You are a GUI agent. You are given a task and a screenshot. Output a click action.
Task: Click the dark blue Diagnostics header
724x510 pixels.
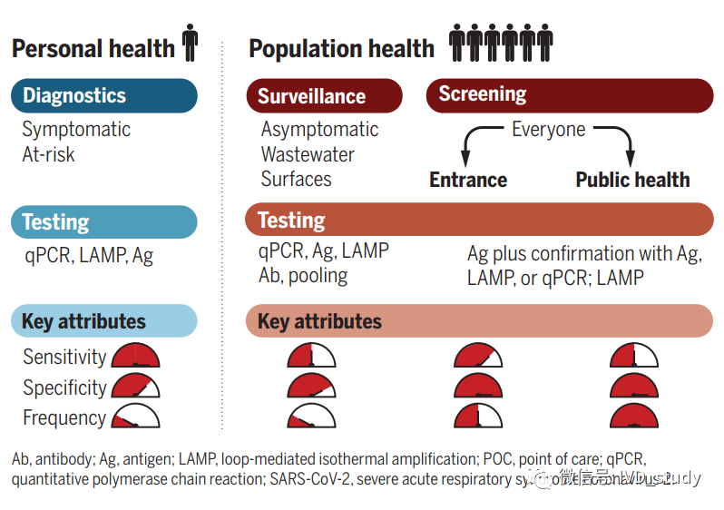point(103,95)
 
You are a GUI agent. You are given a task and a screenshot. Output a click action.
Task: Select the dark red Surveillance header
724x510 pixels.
point(323,96)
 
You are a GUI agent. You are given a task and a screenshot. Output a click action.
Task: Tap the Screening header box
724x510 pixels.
point(569,95)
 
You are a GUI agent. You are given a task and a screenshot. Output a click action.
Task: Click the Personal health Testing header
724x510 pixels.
point(103,222)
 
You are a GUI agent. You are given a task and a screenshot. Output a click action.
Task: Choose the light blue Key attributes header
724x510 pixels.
point(103,321)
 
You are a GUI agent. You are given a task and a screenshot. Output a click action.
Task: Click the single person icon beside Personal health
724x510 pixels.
point(190,44)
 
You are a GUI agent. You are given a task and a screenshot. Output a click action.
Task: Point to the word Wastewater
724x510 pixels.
point(308,154)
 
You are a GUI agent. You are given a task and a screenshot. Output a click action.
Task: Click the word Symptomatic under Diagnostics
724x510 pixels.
point(76,130)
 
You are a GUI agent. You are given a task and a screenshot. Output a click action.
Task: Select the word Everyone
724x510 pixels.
point(548,129)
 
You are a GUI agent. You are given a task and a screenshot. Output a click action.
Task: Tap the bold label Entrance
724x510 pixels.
point(468,180)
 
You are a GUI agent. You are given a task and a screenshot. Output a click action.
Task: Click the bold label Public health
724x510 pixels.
point(632,180)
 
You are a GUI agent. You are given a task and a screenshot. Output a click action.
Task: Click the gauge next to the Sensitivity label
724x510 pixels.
point(135,356)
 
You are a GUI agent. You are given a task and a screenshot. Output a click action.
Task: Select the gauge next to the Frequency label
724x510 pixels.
point(135,417)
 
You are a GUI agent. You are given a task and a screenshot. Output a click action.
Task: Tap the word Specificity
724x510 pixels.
point(64,387)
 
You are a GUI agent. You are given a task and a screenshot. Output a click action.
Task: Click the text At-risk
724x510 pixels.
point(48,154)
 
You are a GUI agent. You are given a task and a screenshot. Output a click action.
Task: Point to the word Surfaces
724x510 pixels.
point(296,179)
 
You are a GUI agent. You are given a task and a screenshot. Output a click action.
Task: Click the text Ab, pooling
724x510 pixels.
point(303,276)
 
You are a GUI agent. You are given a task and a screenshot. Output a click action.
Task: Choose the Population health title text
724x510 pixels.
point(341,48)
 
